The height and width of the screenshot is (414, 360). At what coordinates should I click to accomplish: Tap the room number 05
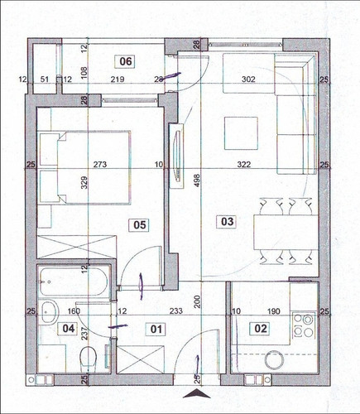click(x=139, y=223)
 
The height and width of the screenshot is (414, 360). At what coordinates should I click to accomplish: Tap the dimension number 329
click(x=84, y=184)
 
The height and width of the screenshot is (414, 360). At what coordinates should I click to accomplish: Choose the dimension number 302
click(x=248, y=79)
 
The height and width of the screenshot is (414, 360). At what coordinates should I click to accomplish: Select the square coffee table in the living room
click(x=242, y=132)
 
